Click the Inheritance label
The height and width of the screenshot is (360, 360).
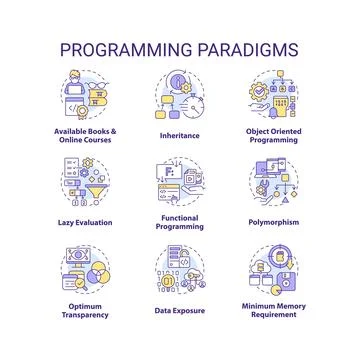(180, 134)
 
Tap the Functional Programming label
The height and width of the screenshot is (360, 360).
(180, 222)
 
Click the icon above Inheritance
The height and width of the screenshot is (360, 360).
(180, 96)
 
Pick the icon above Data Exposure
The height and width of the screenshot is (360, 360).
(180, 268)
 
